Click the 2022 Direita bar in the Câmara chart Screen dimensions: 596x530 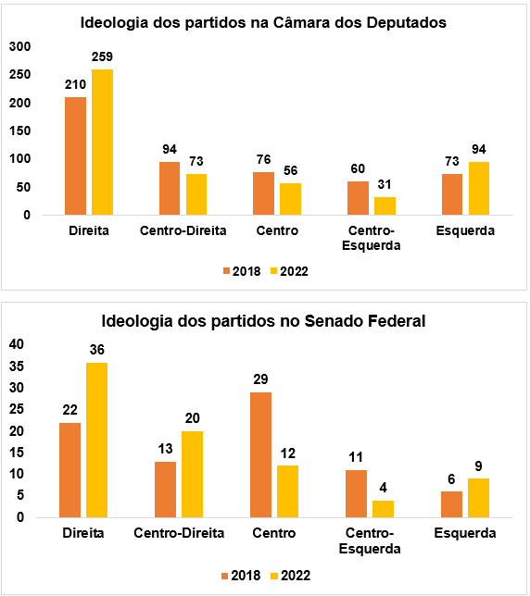102,143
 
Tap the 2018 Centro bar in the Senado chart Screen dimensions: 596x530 260,454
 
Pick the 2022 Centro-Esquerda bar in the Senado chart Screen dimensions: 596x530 384,509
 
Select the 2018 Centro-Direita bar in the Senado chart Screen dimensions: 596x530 166,490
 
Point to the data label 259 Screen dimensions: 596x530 102,57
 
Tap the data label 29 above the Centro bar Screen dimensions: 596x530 260,380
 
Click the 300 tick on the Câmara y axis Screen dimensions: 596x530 19,46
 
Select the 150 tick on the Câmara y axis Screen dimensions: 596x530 19,130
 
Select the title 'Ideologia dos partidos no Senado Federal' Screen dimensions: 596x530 264,321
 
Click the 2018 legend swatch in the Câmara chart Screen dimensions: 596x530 227,271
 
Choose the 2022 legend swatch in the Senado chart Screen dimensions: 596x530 273,576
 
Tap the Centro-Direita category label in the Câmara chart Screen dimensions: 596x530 183,230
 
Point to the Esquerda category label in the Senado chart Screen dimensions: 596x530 465,533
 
